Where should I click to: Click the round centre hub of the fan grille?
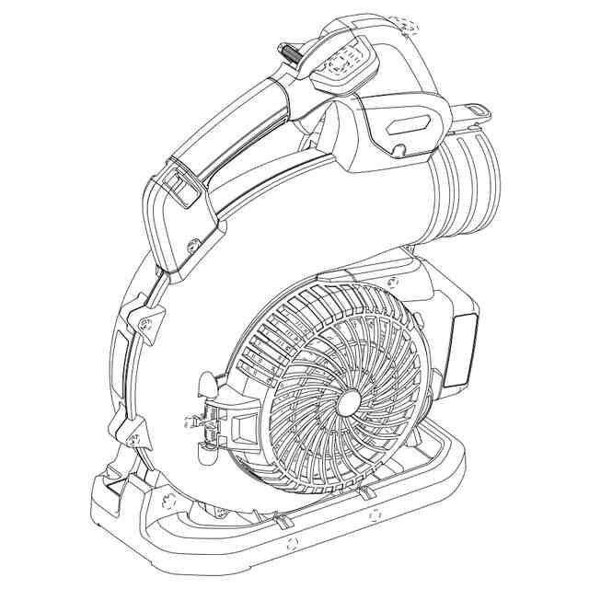350,401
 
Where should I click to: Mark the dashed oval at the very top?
406,22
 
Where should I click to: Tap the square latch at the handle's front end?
183,187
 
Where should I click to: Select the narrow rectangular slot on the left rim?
121,354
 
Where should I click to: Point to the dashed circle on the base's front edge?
293,543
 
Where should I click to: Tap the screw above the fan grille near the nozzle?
394,280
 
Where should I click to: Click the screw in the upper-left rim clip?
146,321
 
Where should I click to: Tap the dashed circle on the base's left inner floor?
167,502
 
